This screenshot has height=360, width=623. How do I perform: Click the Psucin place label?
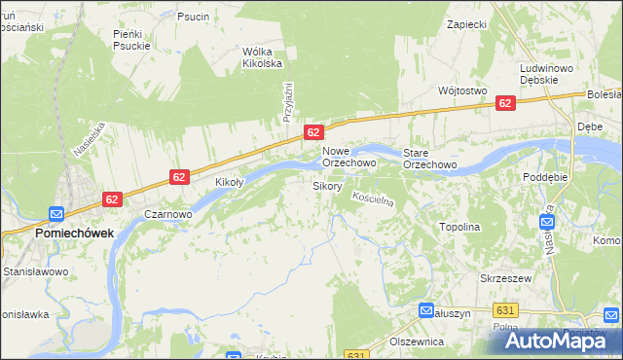pos(193,17)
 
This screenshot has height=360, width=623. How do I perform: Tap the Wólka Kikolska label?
pos(262,57)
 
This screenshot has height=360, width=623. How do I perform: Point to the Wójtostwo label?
pos(462,90)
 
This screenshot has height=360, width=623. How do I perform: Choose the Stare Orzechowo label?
pos(430,158)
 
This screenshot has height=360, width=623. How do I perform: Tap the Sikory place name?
pos(327,185)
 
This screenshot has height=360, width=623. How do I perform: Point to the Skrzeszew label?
pos(503,277)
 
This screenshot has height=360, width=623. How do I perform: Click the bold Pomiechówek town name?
pos(74,234)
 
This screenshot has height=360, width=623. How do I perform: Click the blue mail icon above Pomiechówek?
pos(56,215)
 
